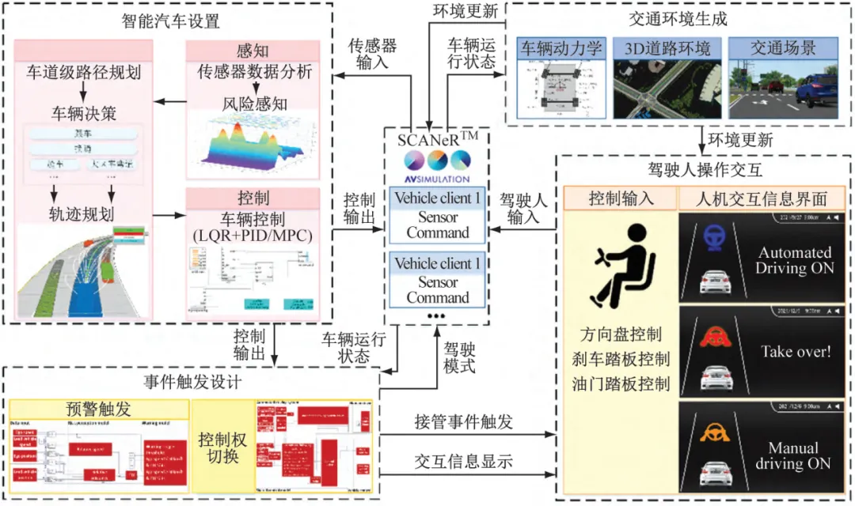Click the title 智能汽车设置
171,21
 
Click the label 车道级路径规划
89,74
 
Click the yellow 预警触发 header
100,409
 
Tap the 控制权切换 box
222,447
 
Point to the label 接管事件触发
464,422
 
